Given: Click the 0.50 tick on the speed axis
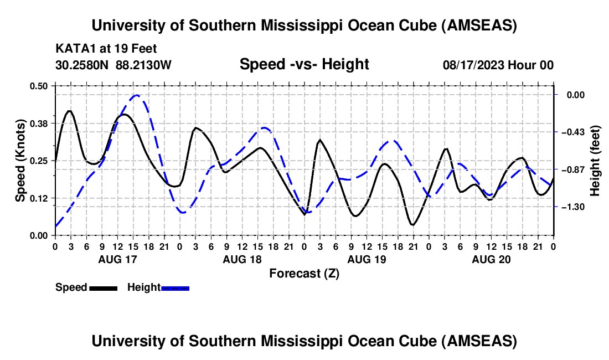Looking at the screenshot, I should (x=40, y=86).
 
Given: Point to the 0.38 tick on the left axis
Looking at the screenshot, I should (x=40, y=123).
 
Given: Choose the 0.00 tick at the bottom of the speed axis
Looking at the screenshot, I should (x=40, y=235).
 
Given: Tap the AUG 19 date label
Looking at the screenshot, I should (x=366, y=259).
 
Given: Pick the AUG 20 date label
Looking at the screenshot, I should (x=491, y=259).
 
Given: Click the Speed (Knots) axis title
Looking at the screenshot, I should (x=20, y=160).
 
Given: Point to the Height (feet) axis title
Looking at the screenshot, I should (x=596, y=161).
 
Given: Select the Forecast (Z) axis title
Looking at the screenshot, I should (x=304, y=273).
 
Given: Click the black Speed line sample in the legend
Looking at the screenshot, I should (x=103, y=288).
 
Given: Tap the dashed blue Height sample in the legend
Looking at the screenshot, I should (x=176, y=288).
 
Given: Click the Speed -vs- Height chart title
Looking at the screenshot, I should (x=304, y=65).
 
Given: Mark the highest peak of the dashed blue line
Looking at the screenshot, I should (x=136, y=95).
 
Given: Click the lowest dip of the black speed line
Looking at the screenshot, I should (x=412, y=224).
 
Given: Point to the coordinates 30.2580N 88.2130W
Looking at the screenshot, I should (x=114, y=65).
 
